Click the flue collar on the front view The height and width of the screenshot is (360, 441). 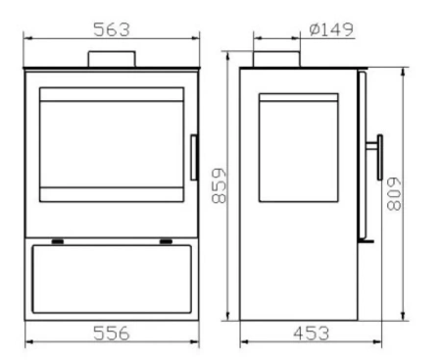(113, 59)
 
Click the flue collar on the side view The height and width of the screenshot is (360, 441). (276, 59)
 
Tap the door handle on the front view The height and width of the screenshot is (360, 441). (193, 158)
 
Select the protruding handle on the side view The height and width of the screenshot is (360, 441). (375, 157)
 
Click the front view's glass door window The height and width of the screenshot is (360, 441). (112, 144)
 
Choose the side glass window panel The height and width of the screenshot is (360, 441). (298, 148)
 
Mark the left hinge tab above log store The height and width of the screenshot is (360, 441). (59, 241)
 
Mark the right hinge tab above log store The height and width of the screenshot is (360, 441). (166, 241)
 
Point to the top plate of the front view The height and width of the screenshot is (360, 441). (113, 70)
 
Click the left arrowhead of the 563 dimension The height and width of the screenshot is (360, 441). (26, 39)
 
